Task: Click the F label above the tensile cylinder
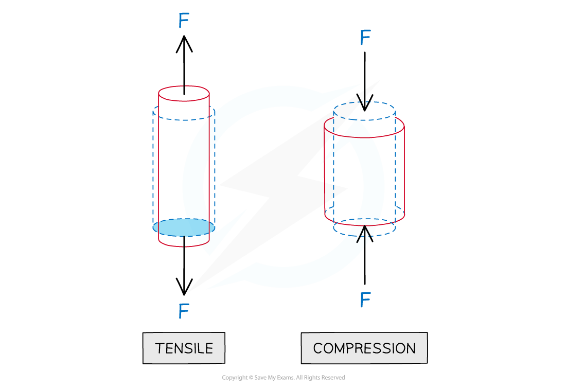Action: (184, 20)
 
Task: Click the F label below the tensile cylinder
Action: (184, 311)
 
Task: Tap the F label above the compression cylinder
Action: (365, 37)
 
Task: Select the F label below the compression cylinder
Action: (365, 299)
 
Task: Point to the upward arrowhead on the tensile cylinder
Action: (184, 43)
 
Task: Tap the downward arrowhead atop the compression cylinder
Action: (365, 102)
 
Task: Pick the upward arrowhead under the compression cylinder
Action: (365, 234)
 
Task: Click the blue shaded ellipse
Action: (184, 227)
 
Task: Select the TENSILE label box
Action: (184, 348)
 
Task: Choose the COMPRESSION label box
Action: (364, 348)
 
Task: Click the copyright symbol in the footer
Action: (251, 378)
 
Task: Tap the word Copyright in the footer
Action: (234, 378)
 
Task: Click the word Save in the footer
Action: (260, 378)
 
